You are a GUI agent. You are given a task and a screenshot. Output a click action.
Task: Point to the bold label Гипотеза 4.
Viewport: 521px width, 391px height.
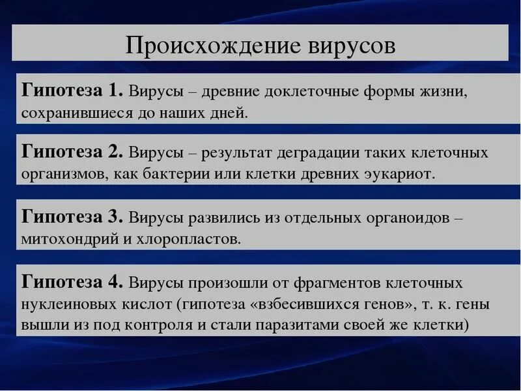click(x=72, y=282)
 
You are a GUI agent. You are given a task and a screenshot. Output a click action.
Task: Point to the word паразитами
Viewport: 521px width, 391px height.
click(x=305, y=325)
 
